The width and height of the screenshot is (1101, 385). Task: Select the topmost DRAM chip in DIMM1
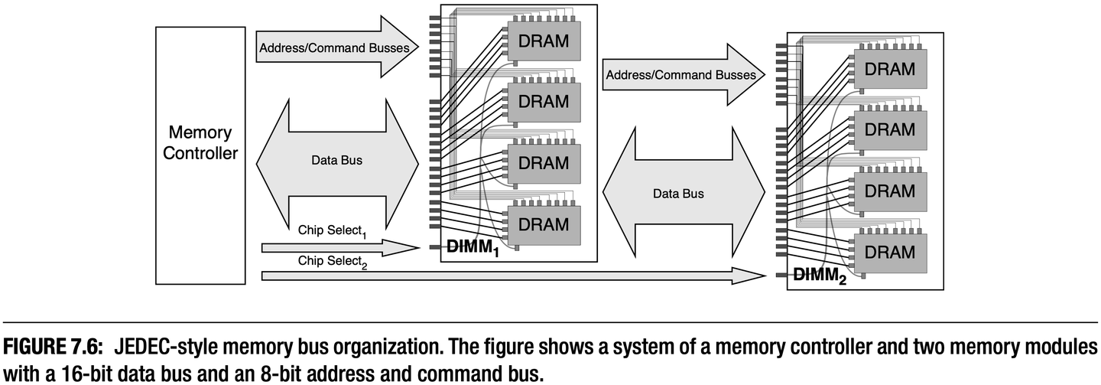coord(543,41)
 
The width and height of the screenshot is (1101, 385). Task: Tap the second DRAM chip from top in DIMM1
coord(543,102)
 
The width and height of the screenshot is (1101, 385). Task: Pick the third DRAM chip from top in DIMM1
coord(543,163)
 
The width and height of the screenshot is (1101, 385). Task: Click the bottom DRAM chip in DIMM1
coord(543,225)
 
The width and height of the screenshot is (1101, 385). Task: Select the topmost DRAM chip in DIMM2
coord(888,69)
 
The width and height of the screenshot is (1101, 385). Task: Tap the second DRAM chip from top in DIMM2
coord(888,130)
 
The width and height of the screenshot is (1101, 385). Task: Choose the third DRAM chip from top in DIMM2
coord(888,191)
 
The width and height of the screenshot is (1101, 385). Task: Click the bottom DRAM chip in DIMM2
coord(888,253)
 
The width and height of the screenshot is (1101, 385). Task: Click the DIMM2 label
coord(820,276)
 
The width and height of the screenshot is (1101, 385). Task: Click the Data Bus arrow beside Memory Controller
coord(336,162)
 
